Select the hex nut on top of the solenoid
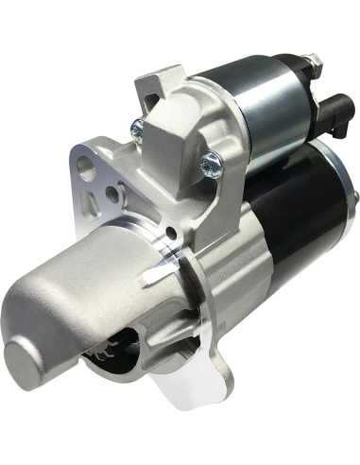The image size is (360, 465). (312, 63)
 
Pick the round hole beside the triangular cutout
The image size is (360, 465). (112, 194)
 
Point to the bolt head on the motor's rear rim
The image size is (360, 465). (355, 197)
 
